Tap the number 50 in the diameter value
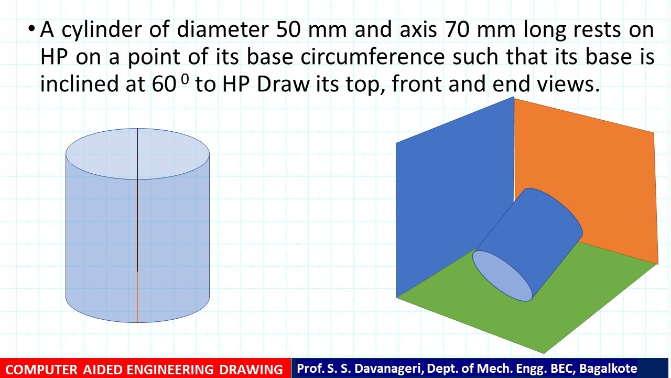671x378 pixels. [x=288, y=30]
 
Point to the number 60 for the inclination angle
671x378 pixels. [x=164, y=85]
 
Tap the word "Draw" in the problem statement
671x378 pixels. [x=283, y=85]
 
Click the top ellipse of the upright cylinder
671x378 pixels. [x=137, y=154]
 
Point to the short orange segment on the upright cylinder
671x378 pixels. [x=137, y=297]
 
